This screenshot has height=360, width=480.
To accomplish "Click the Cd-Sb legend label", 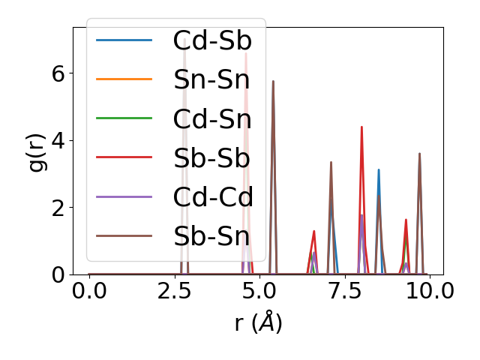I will (x=212, y=40).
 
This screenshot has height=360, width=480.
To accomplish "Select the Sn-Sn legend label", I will (x=211, y=79).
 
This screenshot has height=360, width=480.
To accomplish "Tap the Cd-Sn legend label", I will (x=212, y=118).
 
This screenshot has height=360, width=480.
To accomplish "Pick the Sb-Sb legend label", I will (x=211, y=157).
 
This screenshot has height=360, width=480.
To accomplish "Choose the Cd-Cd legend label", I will (x=213, y=197).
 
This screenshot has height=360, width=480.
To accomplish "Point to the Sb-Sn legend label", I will (x=211, y=236).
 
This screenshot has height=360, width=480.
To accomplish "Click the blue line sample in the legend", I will (x=124, y=40).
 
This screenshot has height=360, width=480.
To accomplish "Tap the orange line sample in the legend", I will (x=124, y=79).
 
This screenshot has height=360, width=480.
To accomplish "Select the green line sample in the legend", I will (x=124, y=118).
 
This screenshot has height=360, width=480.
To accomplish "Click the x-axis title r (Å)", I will (x=258, y=323).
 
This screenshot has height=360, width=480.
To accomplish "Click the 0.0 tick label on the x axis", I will (x=89, y=291).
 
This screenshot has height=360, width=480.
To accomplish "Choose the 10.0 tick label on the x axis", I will (x=424, y=291).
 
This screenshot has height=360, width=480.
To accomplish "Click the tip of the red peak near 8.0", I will (x=361, y=127).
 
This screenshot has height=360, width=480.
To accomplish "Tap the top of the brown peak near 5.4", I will (x=273, y=81).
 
